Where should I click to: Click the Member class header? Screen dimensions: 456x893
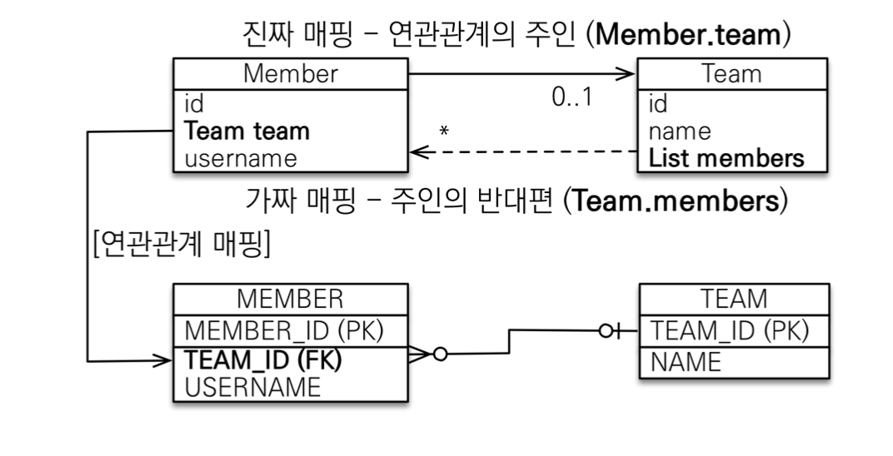point(290,74)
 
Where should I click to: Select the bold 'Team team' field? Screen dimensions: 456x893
point(247,131)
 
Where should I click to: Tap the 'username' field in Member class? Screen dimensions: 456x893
point(241,157)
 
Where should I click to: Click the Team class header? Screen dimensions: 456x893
point(732,74)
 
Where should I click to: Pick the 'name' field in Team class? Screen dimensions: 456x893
point(680,131)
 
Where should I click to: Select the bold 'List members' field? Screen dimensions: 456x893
point(727,157)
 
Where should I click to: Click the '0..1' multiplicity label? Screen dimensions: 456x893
point(571,98)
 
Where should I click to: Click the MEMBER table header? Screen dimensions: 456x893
point(290,299)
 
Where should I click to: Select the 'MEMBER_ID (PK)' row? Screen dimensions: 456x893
point(283,330)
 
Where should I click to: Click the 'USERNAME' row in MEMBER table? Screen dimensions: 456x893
point(252,387)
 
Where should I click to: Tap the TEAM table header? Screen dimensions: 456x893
point(734,299)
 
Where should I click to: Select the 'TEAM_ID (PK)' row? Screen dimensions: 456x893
point(730,330)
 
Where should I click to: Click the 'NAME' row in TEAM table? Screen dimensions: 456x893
point(686,362)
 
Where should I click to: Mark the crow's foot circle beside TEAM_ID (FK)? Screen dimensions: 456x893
point(441,354)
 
